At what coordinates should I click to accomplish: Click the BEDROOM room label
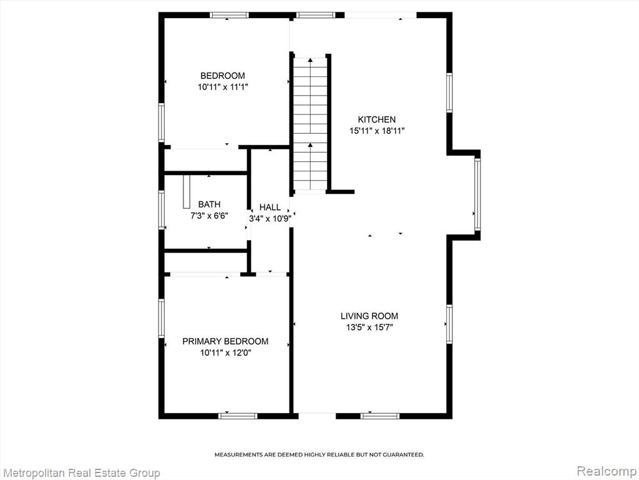coord(223,76)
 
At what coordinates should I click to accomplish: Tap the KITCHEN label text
coord(376,119)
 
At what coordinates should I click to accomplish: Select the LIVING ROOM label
coord(369,316)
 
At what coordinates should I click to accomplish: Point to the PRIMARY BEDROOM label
coord(225,341)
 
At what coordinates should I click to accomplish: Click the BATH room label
coord(210,204)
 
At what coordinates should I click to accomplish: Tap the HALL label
coord(270,207)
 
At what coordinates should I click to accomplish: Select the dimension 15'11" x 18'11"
coord(376,131)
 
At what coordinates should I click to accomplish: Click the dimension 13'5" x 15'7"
coord(369,327)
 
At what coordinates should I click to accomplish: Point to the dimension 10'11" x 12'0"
coord(225,352)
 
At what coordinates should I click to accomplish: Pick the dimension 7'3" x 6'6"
coord(210,216)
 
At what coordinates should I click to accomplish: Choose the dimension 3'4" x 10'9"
coord(270,219)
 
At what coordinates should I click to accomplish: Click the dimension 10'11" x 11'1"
coord(223,87)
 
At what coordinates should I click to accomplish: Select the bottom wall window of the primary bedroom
coord(238,416)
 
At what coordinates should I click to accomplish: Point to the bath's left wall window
coord(162,210)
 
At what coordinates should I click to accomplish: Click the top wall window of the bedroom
coord(229,15)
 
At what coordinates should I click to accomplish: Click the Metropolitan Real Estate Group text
coord(81,472)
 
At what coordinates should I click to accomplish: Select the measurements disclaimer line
coord(319,454)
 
